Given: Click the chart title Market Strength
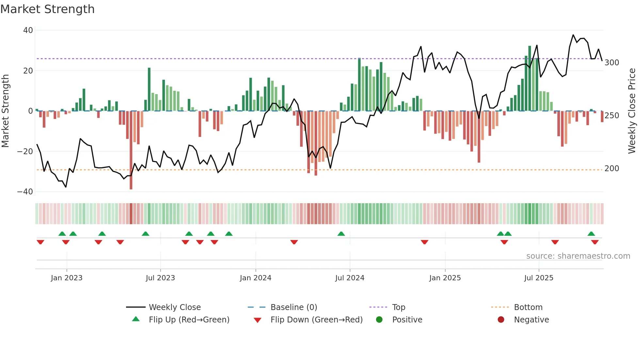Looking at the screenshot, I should click(47, 9).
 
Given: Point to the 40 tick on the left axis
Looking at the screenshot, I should click(28, 30).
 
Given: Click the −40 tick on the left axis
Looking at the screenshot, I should click(25, 192).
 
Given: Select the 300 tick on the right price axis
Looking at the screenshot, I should click(612, 62).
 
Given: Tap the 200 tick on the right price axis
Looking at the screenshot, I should click(612, 169).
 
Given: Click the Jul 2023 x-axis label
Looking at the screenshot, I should click(160, 278).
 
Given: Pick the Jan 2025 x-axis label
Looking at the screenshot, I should click(445, 278).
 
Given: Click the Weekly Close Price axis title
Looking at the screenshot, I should click(632, 111).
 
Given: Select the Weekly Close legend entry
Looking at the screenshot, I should click(175, 307).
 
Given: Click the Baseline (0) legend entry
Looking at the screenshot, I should click(294, 307).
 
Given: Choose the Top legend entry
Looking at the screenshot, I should click(398, 307).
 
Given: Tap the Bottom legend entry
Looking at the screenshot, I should click(528, 307).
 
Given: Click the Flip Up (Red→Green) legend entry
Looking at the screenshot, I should click(189, 320).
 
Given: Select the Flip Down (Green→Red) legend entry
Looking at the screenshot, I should click(316, 320).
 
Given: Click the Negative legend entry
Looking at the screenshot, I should click(531, 320).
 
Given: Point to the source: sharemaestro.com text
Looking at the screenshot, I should click(578, 256).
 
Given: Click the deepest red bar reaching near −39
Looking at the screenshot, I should click(131, 150).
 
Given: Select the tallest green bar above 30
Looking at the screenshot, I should click(530, 78).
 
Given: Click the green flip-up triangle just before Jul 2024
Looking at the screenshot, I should click(341, 234).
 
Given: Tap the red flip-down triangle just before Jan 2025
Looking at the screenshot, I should click(424, 242).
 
